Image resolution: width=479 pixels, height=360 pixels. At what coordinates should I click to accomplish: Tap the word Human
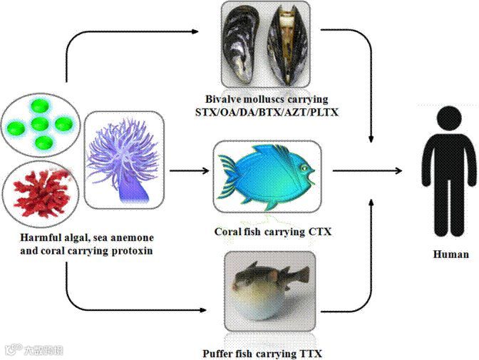[x=451, y=254]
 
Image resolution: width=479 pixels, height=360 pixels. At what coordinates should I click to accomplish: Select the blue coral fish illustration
[x=268, y=175]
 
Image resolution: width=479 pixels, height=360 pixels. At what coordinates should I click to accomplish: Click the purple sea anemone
[x=124, y=160]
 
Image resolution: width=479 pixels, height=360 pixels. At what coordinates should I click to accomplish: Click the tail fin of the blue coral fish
[x=227, y=174]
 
